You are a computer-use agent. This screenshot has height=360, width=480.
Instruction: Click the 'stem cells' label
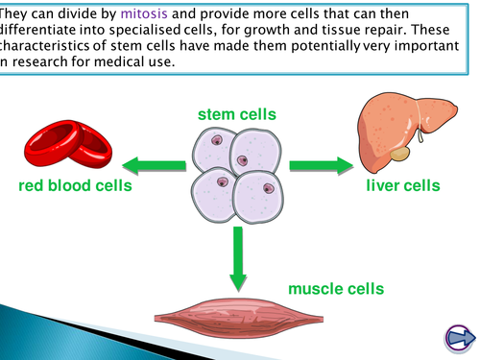237,115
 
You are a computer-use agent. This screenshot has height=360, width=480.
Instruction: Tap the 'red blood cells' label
76,185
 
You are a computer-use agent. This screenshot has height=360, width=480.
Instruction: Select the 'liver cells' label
402,185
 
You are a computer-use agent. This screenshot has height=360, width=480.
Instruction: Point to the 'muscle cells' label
336,288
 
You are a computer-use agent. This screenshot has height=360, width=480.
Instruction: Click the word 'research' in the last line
42,62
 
